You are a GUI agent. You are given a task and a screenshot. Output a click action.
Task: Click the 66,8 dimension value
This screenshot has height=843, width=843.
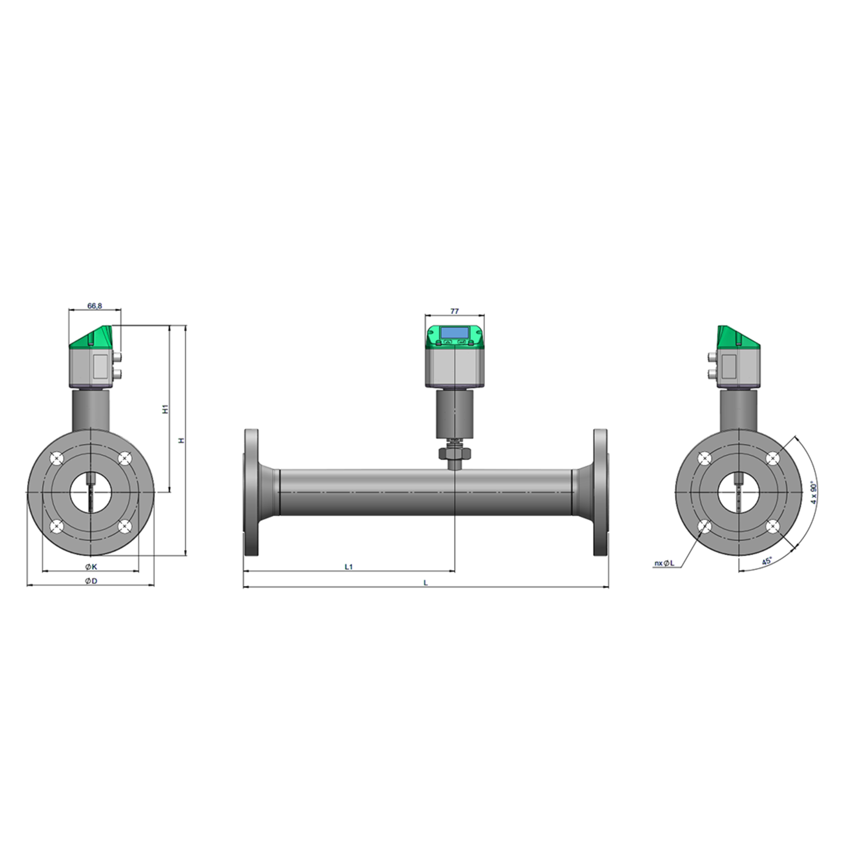(94, 306)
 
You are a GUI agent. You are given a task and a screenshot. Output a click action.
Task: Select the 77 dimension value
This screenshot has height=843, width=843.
(454, 311)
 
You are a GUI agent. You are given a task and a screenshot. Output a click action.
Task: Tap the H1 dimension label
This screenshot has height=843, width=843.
(165, 409)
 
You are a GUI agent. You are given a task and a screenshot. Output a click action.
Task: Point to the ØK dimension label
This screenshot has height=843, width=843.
(91, 567)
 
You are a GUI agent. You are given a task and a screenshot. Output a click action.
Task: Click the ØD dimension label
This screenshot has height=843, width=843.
(91, 581)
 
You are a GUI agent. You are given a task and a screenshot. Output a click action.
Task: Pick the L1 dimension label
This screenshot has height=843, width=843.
(348, 567)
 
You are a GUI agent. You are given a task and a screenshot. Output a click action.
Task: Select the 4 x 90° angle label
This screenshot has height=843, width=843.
(814, 493)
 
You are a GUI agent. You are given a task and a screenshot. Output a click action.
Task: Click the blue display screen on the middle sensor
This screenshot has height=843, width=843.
(454, 333)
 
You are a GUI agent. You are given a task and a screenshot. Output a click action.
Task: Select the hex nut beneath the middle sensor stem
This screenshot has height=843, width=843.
(454, 454)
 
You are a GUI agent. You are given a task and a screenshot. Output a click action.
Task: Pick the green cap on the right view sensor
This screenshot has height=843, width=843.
(737, 337)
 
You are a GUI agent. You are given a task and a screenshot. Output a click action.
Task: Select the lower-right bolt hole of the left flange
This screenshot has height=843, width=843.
(125, 527)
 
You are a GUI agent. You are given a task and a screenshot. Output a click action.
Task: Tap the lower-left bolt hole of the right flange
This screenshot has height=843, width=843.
(705, 527)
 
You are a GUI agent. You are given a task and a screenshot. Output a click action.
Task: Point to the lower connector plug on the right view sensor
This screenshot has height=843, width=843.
(712, 373)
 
